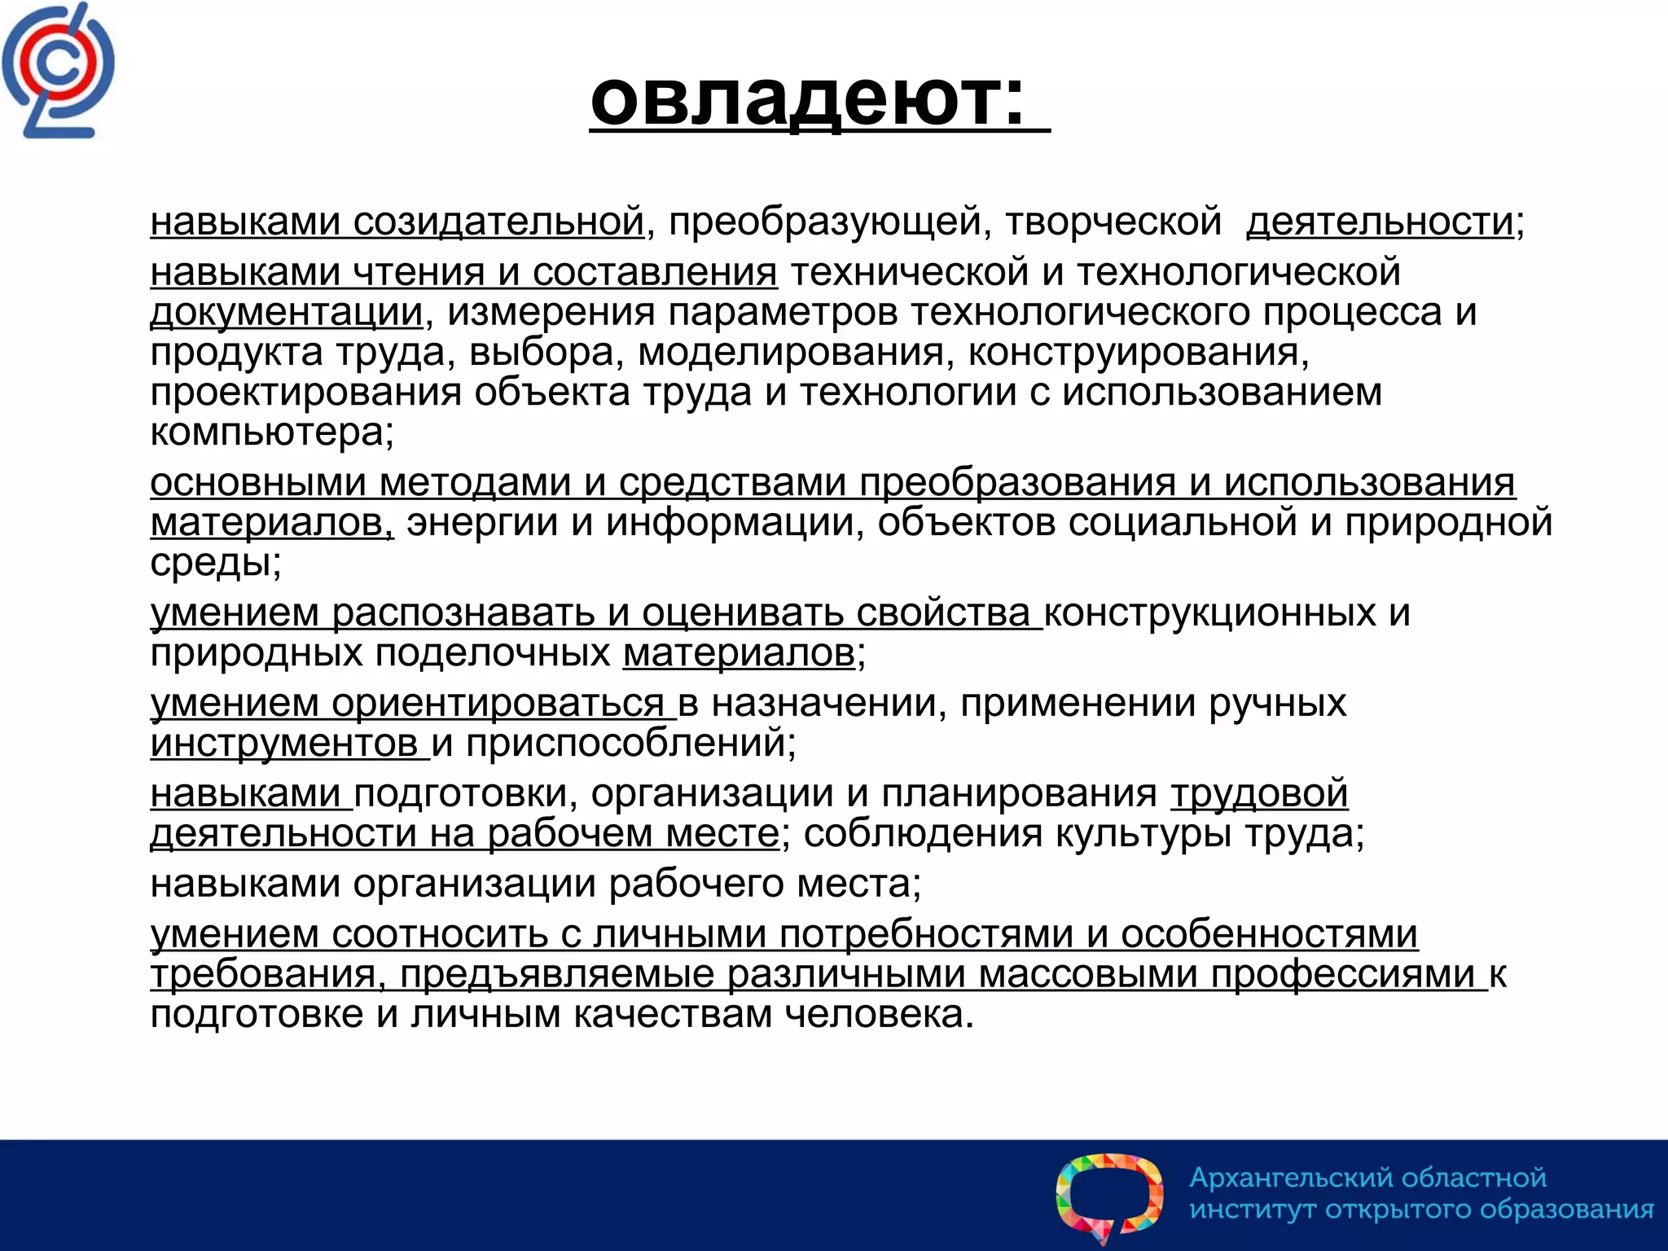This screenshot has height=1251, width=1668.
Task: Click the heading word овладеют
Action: point(806,99)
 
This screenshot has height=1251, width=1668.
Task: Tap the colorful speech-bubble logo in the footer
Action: point(1109,1196)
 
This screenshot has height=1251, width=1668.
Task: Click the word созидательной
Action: point(498,222)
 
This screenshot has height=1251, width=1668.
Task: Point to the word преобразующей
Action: point(830,222)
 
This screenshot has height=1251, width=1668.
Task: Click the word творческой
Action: point(1113,222)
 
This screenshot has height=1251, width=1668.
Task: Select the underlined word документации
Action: point(287,312)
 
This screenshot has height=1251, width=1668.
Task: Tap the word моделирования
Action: point(790,352)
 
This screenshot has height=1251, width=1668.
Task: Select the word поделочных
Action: point(493,652)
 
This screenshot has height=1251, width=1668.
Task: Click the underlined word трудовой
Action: point(1259,793)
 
